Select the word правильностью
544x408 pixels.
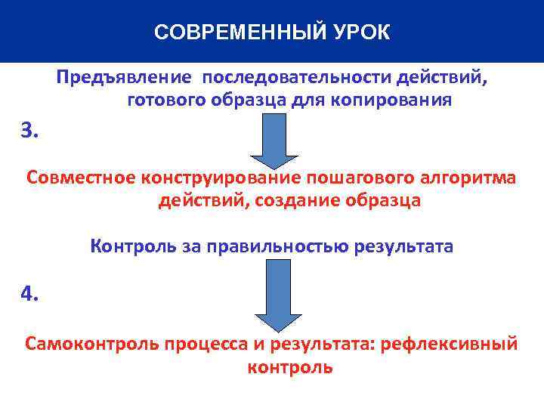(x=298, y=246)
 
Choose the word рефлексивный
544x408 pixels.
(x=449, y=344)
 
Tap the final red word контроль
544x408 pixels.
(x=289, y=368)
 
